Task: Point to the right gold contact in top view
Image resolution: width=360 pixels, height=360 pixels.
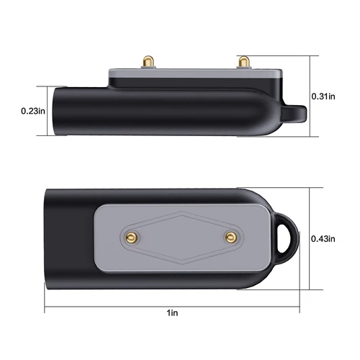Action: tap(230, 236)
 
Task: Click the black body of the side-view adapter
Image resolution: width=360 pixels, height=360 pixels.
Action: tap(144, 112)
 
